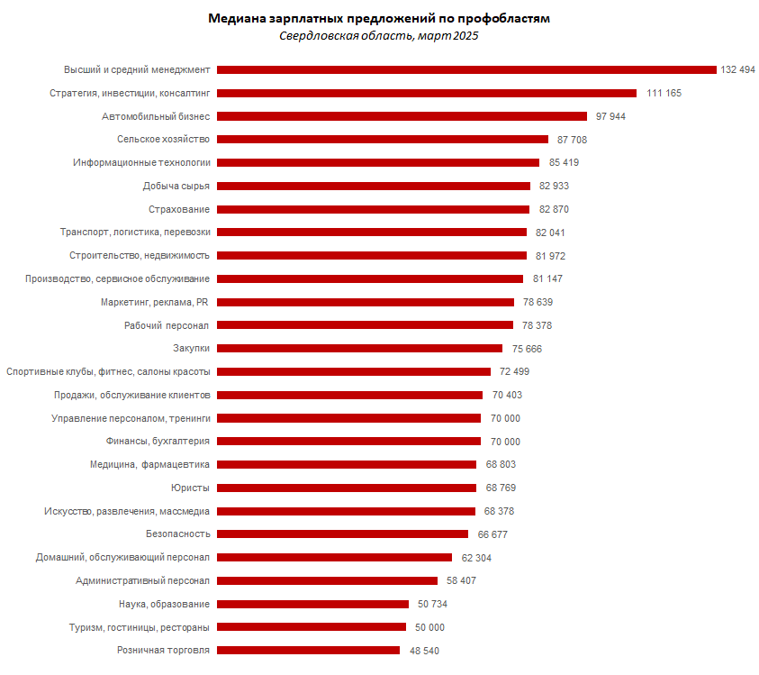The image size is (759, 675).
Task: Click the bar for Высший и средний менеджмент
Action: (466, 69)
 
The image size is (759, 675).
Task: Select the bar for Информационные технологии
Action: (378, 162)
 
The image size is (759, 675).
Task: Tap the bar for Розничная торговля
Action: (308, 650)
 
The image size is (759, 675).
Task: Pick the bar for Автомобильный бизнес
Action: (402, 116)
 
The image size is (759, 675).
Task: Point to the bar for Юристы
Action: (347, 488)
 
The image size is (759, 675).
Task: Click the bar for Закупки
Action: (359, 349)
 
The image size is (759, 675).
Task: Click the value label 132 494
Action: (737, 69)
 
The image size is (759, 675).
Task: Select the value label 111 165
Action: (664, 93)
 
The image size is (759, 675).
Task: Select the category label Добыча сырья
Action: (176, 186)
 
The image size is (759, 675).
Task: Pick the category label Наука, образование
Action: (165, 604)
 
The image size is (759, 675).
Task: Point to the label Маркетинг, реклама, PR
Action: (155, 302)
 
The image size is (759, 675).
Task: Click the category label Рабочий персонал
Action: (167, 325)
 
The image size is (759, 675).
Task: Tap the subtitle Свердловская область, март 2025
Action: (378, 36)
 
